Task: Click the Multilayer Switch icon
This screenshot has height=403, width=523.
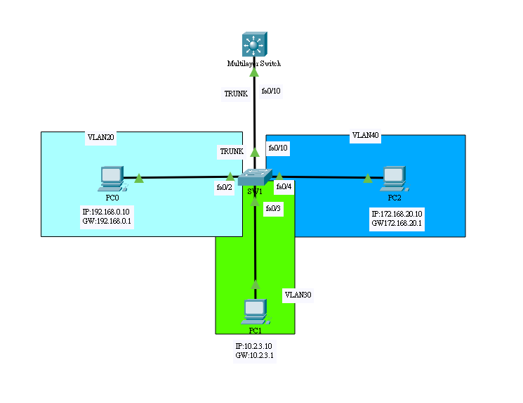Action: tap(253, 45)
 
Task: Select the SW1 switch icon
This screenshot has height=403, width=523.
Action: tap(254, 177)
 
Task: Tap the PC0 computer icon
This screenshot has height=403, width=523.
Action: tap(112, 179)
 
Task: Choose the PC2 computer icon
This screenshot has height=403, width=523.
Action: tap(394, 179)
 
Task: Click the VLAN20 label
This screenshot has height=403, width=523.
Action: tap(100, 137)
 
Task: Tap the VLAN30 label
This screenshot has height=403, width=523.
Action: tap(298, 295)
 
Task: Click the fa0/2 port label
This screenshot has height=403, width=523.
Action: tap(225, 187)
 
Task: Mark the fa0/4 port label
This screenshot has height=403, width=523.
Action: tap(284, 187)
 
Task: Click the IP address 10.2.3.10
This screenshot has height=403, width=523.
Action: tap(255, 346)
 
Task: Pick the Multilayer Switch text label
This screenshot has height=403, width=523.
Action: tap(253, 64)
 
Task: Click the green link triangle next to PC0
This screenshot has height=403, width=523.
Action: tap(139, 178)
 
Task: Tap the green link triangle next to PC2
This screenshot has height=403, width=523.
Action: tap(367, 178)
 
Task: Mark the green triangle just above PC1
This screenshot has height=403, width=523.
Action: tap(256, 284)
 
